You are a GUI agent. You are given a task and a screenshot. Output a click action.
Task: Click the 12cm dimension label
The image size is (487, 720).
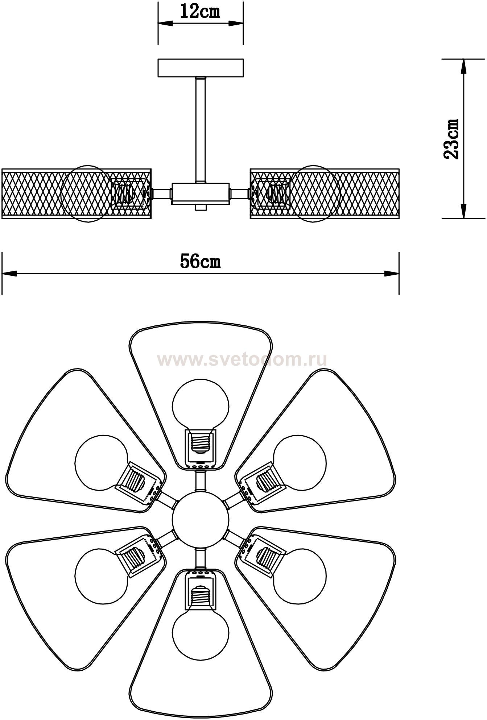click(x=200, y=12)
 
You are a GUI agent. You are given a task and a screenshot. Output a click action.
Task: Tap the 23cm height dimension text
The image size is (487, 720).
click(x=451, y=139)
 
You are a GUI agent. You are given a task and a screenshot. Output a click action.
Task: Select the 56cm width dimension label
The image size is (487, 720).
click(x=200, y=262)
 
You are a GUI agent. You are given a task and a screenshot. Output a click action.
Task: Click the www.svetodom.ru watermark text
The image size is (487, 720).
click(x=242, y=360)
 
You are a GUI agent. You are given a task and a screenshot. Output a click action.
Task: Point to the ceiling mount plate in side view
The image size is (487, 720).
click(x=200, y=68)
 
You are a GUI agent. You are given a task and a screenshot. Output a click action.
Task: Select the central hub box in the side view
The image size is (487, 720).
click(x=200, y=193)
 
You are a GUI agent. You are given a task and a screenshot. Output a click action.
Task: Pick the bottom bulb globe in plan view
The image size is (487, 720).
click(x=201, y=633)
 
